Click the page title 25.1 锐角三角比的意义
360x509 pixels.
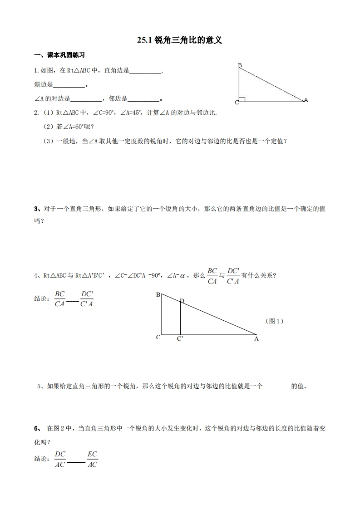(x=180, y=41)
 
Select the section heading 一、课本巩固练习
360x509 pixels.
(x=60, y=55)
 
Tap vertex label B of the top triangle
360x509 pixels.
(x=240, y=65)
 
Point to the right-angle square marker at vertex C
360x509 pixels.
(x=242, y=99)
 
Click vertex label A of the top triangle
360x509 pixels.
(x=306, y=100)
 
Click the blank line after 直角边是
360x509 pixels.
(x=145, y=72)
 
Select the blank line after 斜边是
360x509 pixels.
(x=69, y=85)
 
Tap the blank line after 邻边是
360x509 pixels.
(x=143, y=100)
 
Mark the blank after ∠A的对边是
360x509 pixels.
(x=87, y=100)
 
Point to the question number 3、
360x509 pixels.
(x=38, y=209)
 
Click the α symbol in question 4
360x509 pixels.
(x=183, y=275)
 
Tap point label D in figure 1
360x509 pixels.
(x=182, y=301)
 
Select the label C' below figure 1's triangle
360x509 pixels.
(x=180, y=339)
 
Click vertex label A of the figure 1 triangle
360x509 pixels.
(x=256, y=338)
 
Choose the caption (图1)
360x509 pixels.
(x=274, y=321)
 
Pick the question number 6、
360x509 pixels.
(x=38, y=429)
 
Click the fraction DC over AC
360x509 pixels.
(x=60, y=459)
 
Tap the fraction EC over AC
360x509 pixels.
(x=92, y=459)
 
